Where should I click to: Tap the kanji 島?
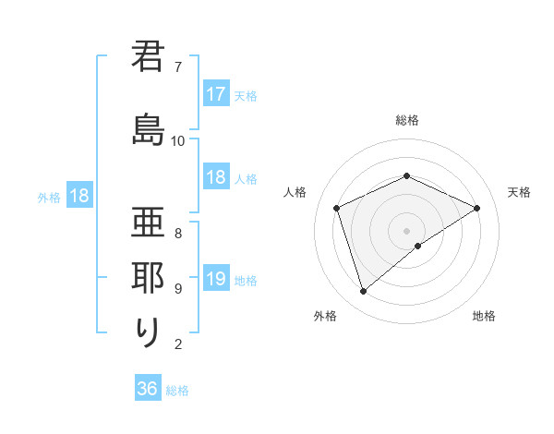148,130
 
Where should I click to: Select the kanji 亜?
148,222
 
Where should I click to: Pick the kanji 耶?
148,277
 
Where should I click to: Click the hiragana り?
148,332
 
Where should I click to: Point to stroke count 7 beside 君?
177,67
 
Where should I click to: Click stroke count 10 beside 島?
178,140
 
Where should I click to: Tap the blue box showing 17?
216,94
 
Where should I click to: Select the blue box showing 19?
216,279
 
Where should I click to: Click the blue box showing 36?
148,389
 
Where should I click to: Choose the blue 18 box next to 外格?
78,196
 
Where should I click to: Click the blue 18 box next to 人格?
216,177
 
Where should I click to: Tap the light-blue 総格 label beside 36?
177,391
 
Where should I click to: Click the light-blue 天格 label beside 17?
246,95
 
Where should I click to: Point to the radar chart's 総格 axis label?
407,120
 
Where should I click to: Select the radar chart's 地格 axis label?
484,316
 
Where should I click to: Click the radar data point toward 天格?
477,208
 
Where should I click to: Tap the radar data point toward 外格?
364,292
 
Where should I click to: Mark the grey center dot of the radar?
407,230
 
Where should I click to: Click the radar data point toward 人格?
337,208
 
